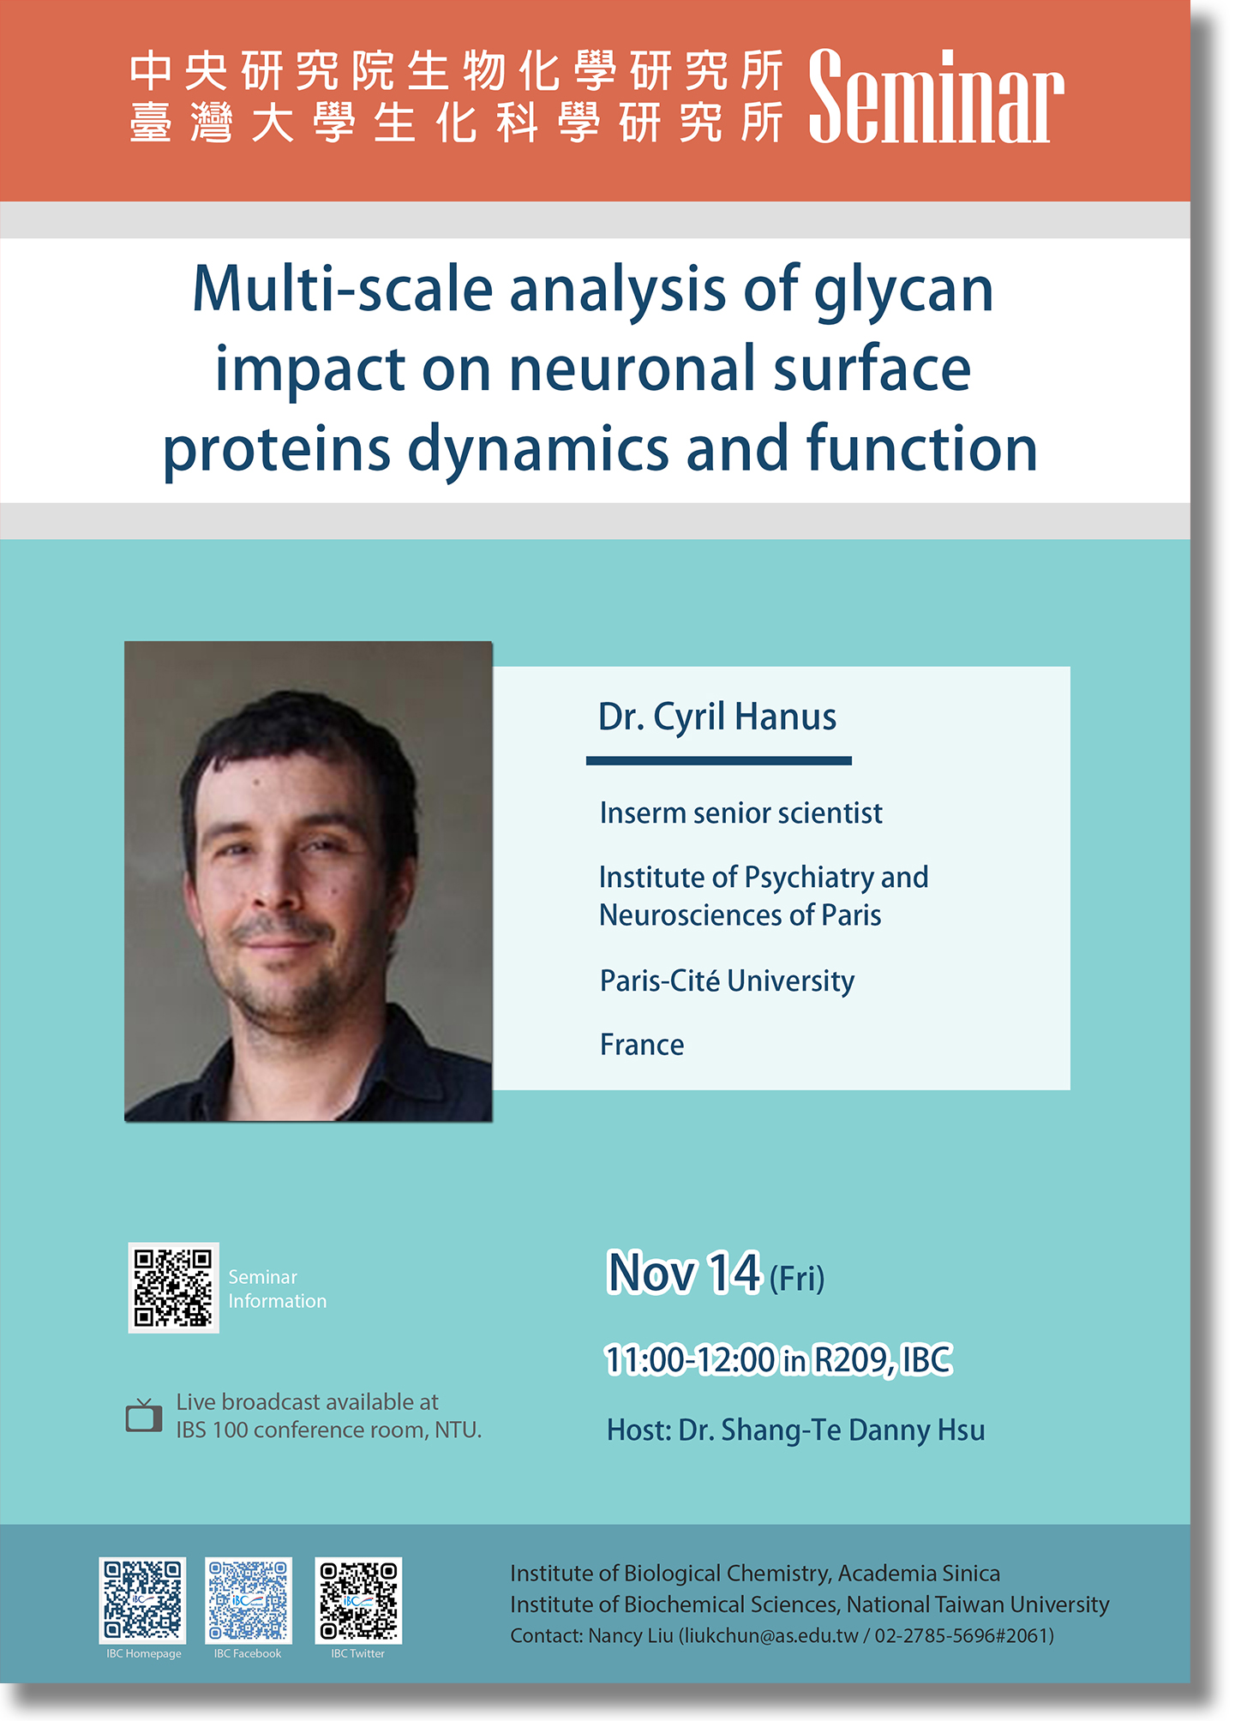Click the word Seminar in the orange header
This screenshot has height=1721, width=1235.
[x=936, y=97]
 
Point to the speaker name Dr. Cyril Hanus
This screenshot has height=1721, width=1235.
[x=717, y=717]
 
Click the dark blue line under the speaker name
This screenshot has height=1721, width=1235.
[x=719, y=760]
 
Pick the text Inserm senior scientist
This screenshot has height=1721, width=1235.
[x=740, y=813]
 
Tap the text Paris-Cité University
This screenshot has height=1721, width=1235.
[x=727, y=980]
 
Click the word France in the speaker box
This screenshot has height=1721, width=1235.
[x=642, y=1045]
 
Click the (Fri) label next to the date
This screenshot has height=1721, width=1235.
[x=797, y=1279]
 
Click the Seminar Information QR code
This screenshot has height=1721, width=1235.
[x=174, y=1287]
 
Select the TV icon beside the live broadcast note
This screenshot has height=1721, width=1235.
[x=144, y=1415]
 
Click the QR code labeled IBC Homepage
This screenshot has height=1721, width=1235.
[x=142, y=1600]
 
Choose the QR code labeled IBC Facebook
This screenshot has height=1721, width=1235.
[x=249, y=1600]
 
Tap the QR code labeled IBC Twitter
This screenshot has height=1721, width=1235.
[x=358, y=1600]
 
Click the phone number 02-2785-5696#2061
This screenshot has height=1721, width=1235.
[x=961, y=1636]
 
